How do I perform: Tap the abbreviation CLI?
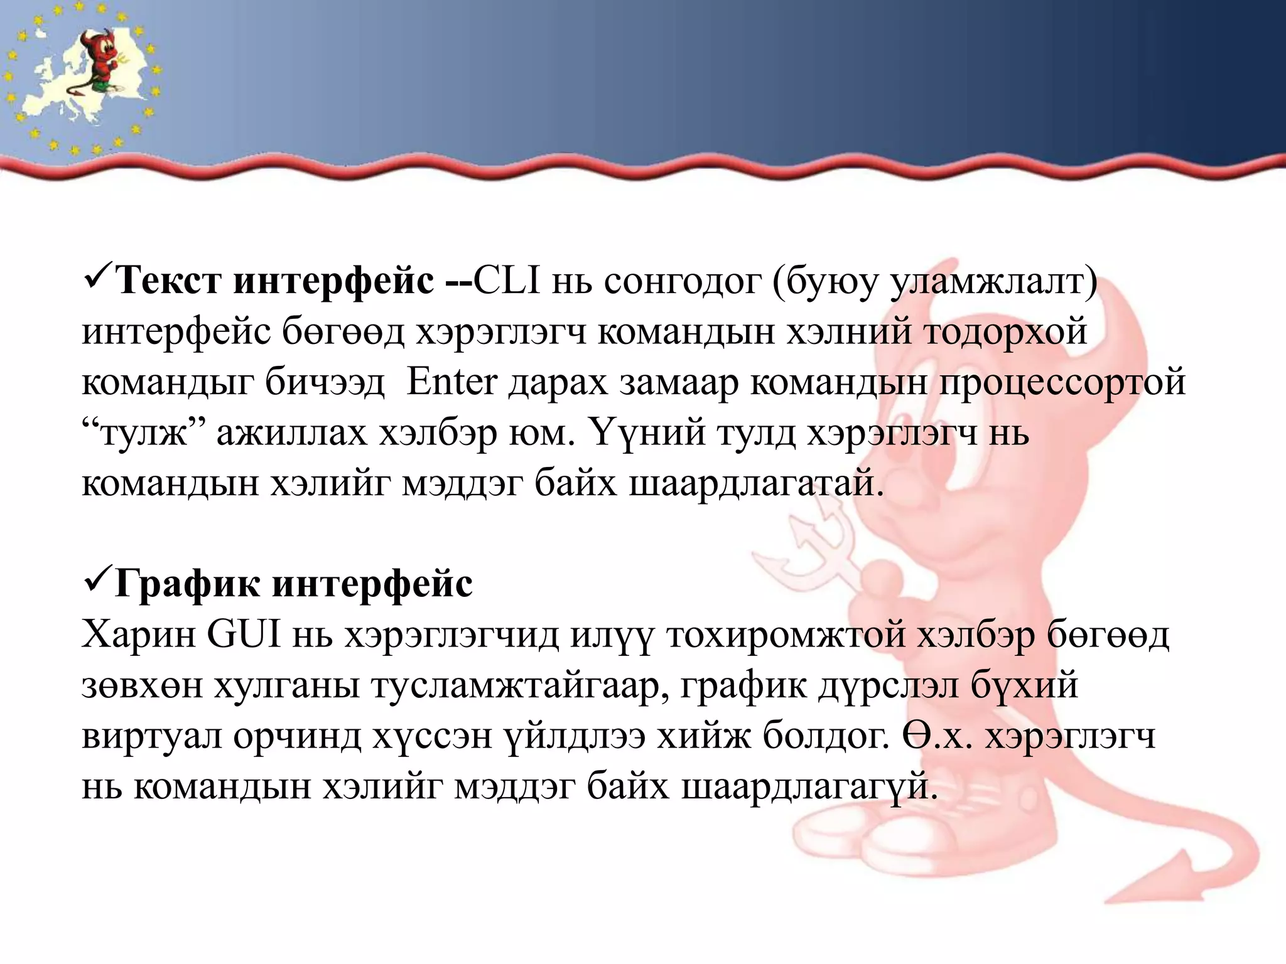coord(507,281)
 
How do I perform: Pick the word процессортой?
coord(1062,382)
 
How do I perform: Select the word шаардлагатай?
coord(756,483)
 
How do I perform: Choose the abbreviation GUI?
coord(244,635)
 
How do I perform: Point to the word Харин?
coord(139,635)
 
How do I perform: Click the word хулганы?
coord(287,686)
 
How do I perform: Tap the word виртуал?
coord(151,736)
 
